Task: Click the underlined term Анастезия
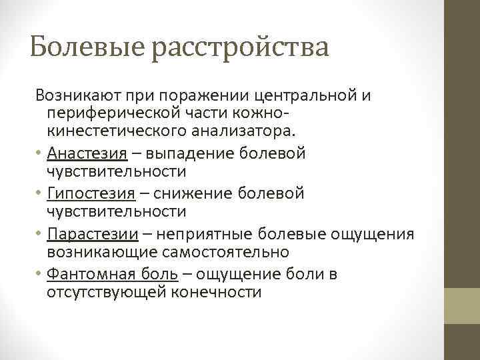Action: [87, 153]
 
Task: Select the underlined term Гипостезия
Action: [90, 193]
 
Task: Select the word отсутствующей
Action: [109, 292]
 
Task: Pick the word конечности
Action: [219, 292]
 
